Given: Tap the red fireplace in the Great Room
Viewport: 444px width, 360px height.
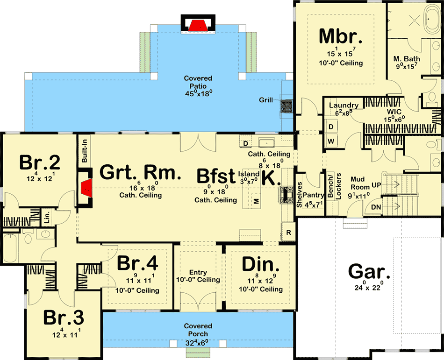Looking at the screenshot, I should point(86,189).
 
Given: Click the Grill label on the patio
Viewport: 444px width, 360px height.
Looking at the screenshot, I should point(266,100).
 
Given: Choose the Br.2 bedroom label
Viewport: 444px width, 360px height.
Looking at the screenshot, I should point(39,163).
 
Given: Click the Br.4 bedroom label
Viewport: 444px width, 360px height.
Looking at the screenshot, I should point(137,263).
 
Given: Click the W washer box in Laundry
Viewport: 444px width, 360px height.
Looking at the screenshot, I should point(331,140).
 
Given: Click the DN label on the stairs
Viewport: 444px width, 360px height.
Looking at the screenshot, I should point(375,207).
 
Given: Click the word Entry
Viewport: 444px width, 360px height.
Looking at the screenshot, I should point(198,272).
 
